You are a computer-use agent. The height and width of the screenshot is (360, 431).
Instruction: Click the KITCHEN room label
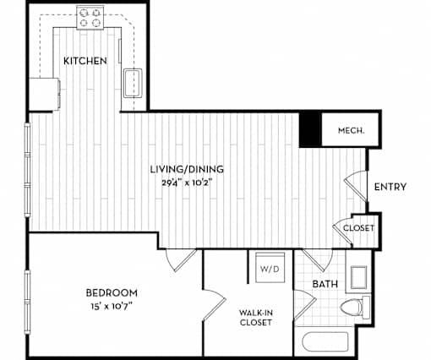(x=85, y=61)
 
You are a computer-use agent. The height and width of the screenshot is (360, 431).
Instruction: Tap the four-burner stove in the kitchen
(x=90, y=18)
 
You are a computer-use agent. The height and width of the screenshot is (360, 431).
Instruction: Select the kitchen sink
(x=133, y=83)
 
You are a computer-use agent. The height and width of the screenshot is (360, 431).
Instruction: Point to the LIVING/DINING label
(x=187, y=169)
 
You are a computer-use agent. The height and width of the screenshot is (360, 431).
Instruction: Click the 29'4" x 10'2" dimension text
(x=187, y=183)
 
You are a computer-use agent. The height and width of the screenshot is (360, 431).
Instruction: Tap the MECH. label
(x=352, y=130)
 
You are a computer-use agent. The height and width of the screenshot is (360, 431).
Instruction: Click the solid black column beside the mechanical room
(x=310, y=129)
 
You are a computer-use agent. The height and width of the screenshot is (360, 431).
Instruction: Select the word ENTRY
(x=390, y=187)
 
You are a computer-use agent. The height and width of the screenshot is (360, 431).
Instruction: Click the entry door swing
(x=357, y=186)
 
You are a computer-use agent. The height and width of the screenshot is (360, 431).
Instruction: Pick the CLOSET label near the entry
(x=358, y=228)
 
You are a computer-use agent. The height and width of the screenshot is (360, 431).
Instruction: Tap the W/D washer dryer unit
(x=270, y=268)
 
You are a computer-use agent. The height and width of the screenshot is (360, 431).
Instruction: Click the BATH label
(x=325, y=284)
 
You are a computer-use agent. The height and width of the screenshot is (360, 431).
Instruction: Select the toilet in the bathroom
(x=355, y=307)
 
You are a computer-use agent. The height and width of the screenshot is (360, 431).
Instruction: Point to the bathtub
(x=325, y=341)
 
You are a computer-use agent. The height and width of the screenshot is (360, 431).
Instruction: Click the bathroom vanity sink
(x=358, y=277)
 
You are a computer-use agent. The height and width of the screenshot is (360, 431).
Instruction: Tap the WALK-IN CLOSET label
(x=256, y=318)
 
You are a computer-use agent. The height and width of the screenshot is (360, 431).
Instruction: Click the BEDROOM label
(x=112, y=293)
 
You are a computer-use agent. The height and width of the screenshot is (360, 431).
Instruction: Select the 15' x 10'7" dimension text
(x=112, y=306)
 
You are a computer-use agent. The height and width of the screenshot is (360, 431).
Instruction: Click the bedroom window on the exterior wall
(x=27, y=302)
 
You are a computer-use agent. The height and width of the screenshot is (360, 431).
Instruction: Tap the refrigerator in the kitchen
(x=45, y=94)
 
